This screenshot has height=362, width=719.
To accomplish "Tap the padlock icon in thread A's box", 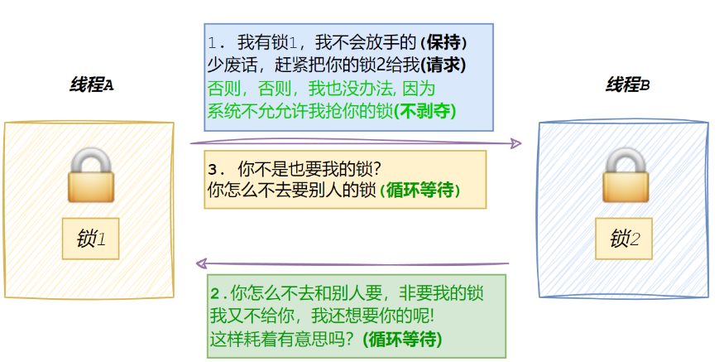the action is tap(89, 175).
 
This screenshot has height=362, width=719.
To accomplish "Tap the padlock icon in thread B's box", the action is tap(626, 175).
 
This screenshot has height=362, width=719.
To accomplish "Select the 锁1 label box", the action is tap(90, 239).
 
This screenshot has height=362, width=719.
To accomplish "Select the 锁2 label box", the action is tap(625, 239).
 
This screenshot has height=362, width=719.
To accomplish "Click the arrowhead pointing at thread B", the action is tap(517, 143).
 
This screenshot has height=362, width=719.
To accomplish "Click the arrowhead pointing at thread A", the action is tap(200, 264).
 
